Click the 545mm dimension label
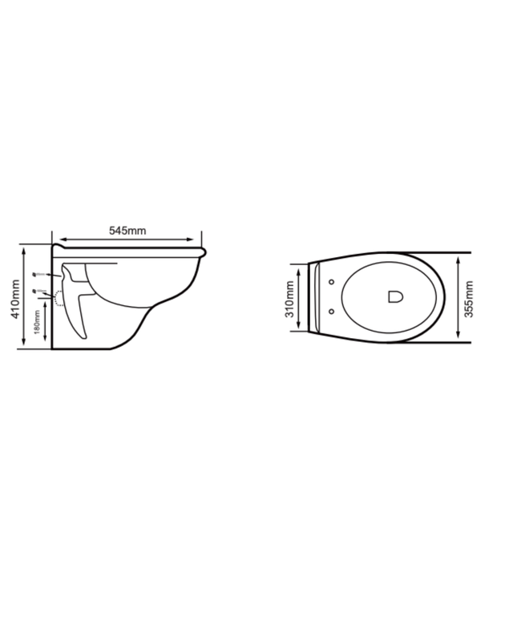127,231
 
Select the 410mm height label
14,298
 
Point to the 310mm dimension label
290,297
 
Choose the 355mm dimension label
469,297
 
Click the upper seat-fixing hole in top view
332,281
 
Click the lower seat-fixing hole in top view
332,311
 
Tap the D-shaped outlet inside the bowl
394,296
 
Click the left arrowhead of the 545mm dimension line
56,239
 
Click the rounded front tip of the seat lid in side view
205,252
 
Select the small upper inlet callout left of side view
37,274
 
